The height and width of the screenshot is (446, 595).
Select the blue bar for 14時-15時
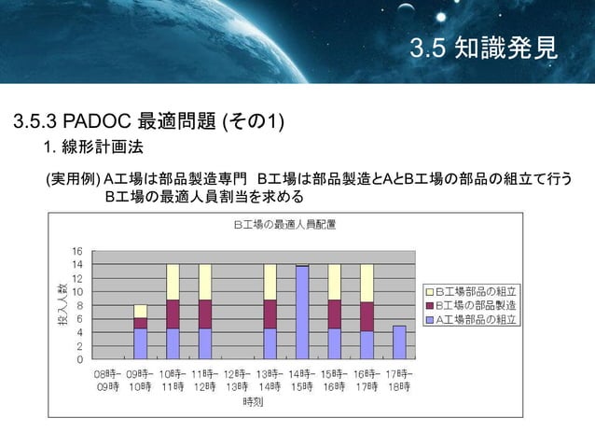[302, 313]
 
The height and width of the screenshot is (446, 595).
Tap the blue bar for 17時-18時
[399, 342]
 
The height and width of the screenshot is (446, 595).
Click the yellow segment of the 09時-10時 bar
[140, 311]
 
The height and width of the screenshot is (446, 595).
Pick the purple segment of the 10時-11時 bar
[173, 314]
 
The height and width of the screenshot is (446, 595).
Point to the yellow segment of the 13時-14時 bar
[270, 282]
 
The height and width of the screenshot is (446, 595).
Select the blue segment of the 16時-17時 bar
[367, 344]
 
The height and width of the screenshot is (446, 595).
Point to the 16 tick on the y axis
[78, 252]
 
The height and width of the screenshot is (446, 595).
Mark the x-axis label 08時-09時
[106, 380]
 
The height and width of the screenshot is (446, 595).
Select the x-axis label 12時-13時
[237, 380]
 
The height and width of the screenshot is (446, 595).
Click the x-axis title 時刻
[253, 402]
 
